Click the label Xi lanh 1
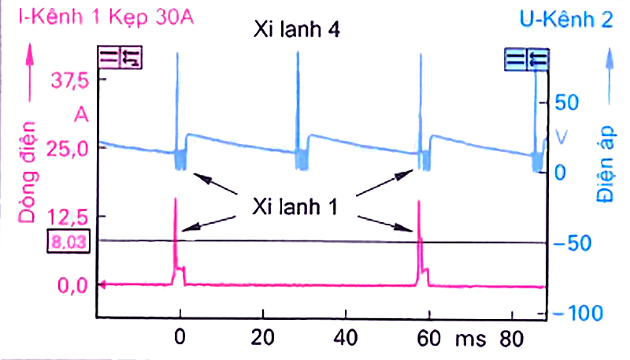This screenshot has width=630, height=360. click(x=295, y=206)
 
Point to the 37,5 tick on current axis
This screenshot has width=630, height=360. click(x=70, y=80)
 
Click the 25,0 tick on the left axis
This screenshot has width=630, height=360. click(x=70, y=148)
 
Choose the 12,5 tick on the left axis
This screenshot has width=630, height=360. click(x=70, y=216)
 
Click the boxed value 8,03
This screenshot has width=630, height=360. click(x=68, y=241)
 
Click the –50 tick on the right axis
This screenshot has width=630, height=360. click(x=573, y=243)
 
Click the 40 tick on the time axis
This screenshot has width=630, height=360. click(x=344, y=339)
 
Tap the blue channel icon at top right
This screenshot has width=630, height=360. click(x=527, y=58)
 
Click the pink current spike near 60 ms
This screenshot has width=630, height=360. click(x=419, y=236)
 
